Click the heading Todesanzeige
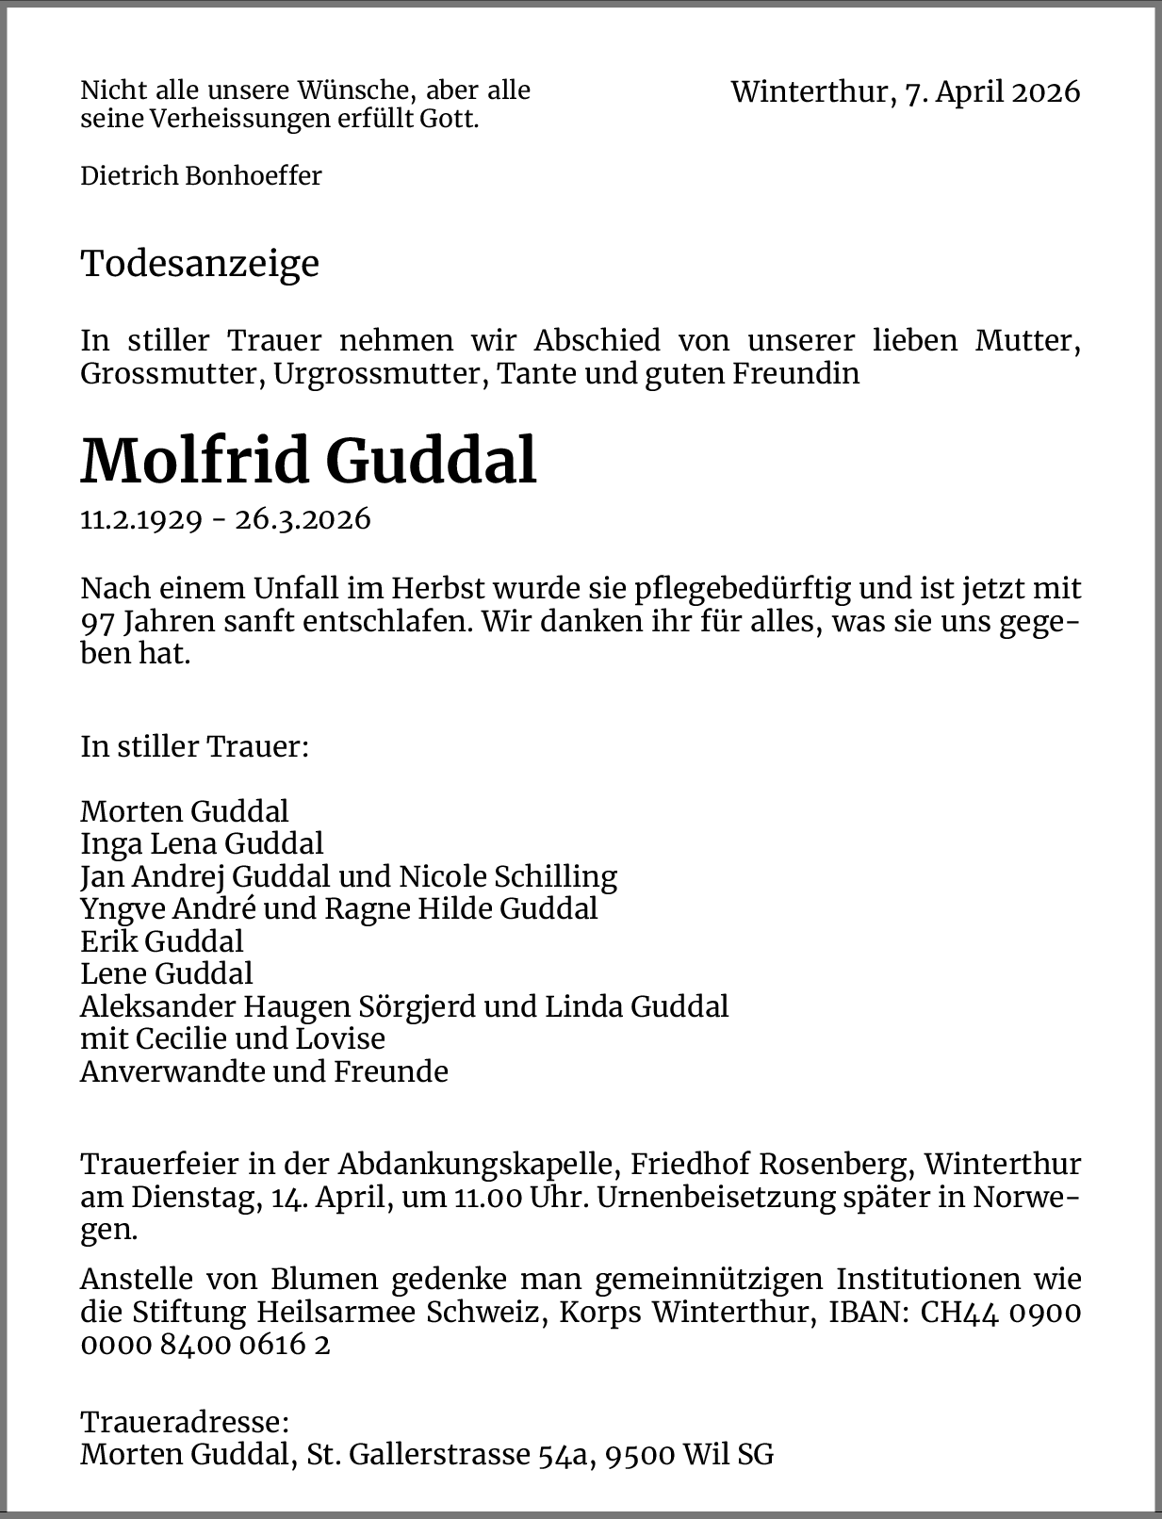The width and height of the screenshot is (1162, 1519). click(200, 264)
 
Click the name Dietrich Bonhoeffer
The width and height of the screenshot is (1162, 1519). click(201, 176)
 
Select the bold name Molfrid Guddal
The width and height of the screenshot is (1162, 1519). click(308, 461)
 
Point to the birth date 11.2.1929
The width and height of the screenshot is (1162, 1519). click(141, 519)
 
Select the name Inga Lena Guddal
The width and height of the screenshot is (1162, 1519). click(202, 843)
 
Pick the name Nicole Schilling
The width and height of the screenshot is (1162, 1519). click(508, 876)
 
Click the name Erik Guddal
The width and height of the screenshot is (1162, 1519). click(162, 941)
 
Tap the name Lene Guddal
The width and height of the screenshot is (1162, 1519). click(167, 973)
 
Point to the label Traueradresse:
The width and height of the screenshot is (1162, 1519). click(184, 1422)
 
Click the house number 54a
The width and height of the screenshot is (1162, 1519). click(564, 1455)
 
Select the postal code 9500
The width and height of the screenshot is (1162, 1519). click(640, 1455)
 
